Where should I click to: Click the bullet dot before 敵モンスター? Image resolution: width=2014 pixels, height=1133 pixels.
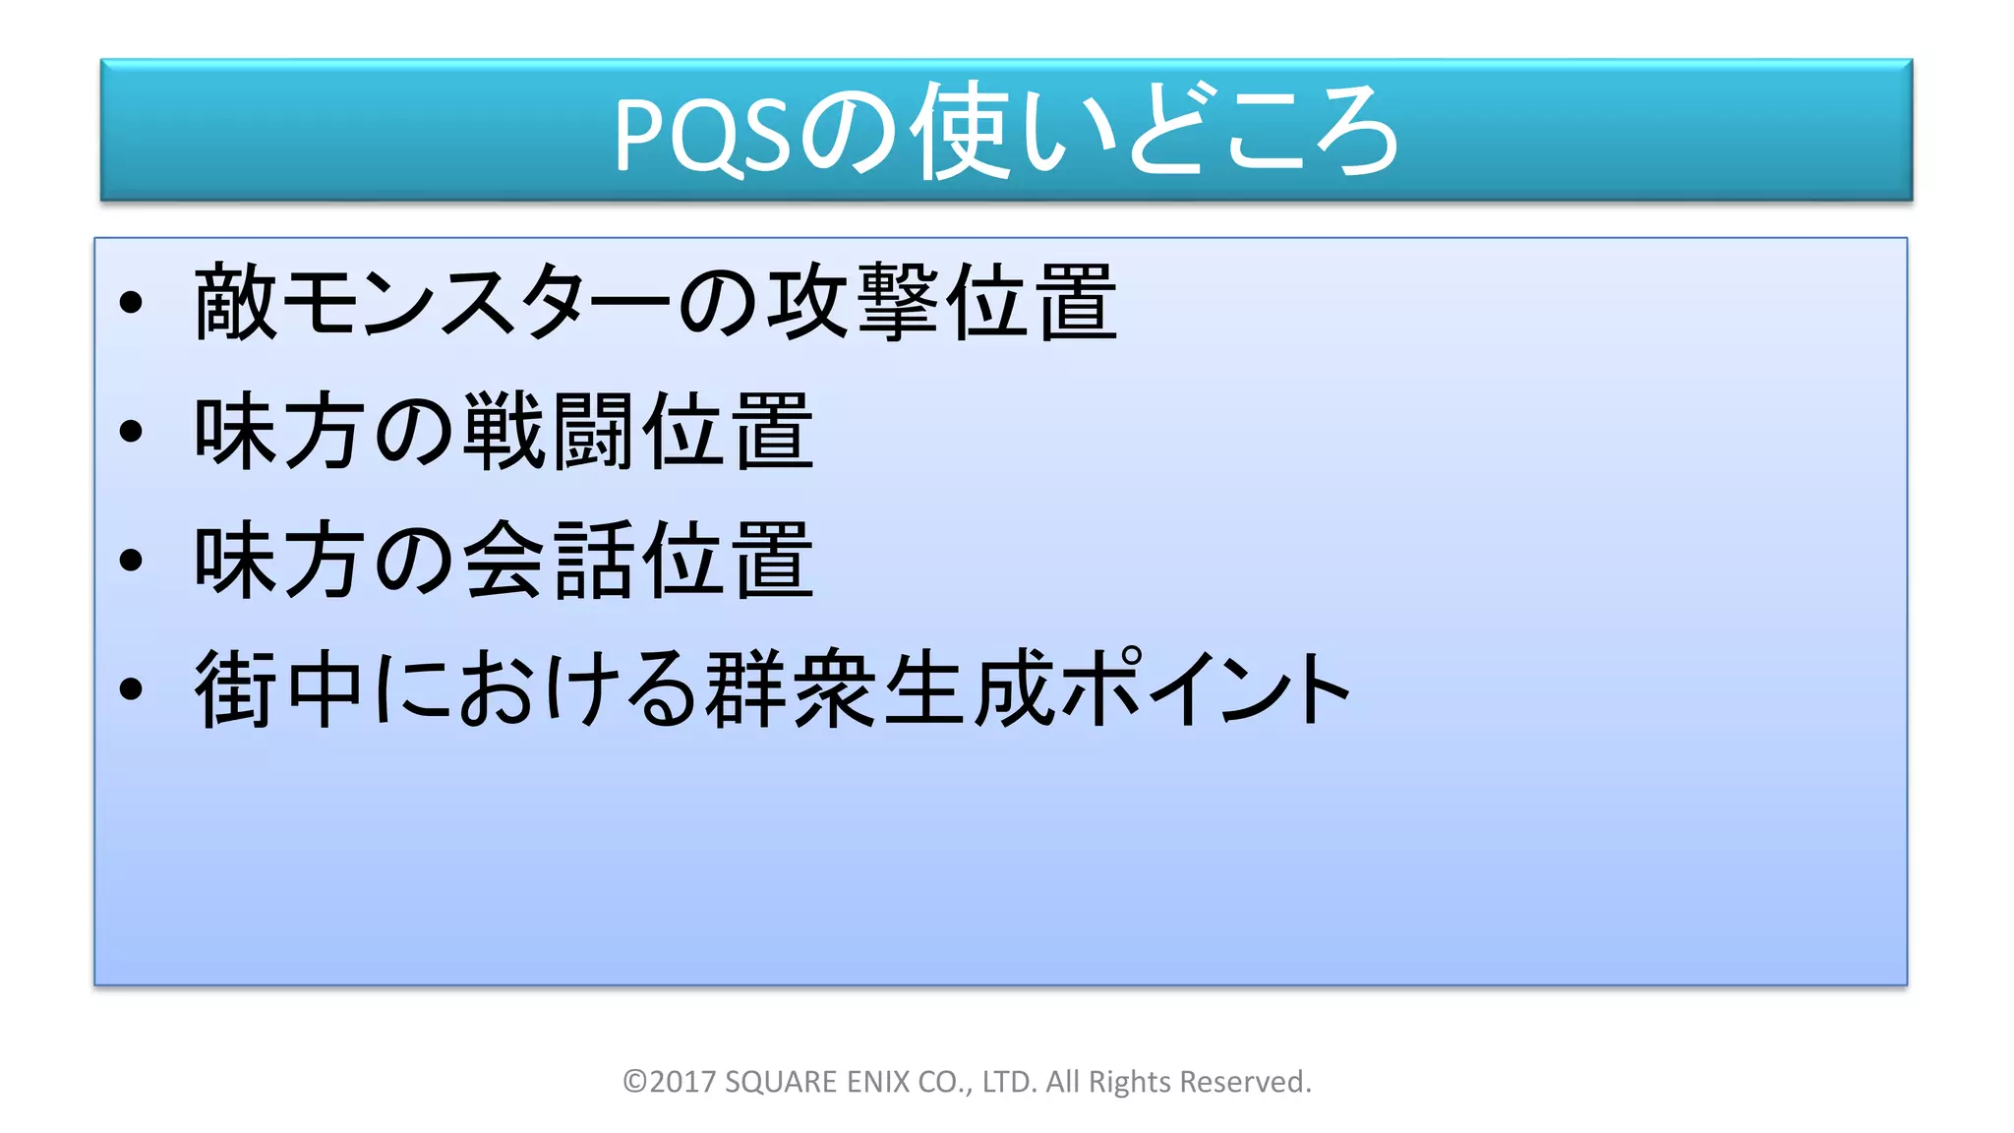pyautogui.click(x=131, y=303)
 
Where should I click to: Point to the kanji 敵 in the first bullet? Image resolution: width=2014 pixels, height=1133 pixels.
pyautogui.click(x=235, y=303)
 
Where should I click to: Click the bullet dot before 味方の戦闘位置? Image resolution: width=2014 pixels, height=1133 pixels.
pyautogui.click(x=131, y=432)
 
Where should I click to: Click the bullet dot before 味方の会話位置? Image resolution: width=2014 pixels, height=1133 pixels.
pyautogui.click(x=131, y=561)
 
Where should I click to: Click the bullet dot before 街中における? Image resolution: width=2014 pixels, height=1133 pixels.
pyautogui.click(x=131, y=688)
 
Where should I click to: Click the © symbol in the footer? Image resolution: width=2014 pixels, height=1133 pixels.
pyautogui.click(x=635, y=1082)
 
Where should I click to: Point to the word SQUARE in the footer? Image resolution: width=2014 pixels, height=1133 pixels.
pyautogui.click(x=781, y=1082)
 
